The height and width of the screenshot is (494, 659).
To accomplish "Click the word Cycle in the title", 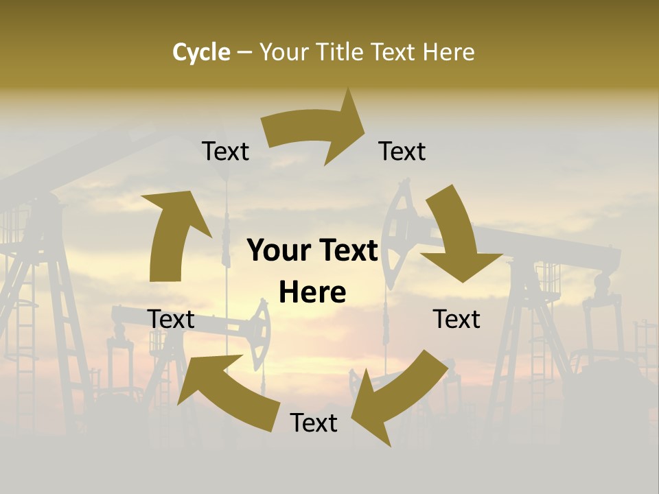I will [x=201, y=52].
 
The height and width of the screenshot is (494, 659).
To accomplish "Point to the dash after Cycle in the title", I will [x=244, y=53].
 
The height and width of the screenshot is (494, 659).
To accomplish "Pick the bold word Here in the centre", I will [x=312, y=292].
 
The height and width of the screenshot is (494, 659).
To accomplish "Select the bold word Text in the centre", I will [x=345, y=251].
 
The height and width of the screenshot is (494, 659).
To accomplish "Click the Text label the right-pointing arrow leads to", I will [x=402, y=151].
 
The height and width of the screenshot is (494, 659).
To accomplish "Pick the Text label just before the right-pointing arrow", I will [x=225, y=151].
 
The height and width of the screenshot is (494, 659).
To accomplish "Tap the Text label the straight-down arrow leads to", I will [x=456, y=319].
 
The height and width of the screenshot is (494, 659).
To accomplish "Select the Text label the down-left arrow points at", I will [x=314, y=423].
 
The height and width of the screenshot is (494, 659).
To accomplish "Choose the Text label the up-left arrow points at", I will [x=171, y=319].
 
